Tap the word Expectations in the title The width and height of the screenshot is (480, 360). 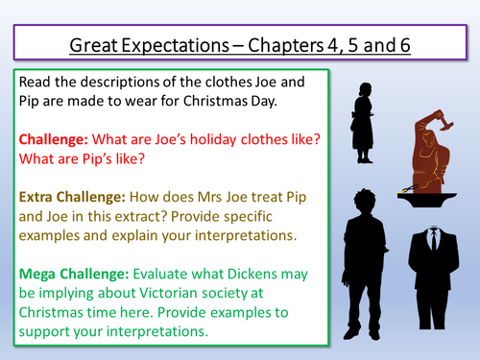(191, 44)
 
